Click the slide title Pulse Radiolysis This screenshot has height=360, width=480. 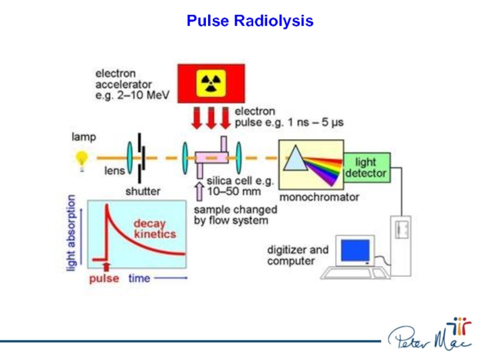point(250,22)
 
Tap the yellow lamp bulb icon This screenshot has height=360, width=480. point(82,158)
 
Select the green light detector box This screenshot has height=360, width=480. point(366,168)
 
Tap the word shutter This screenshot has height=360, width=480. point(143,192)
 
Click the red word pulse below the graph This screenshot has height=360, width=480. point(104,278)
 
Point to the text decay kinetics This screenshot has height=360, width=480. point(154,228)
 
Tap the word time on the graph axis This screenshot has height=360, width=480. point(139,278)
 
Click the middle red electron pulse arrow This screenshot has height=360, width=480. point(211,117)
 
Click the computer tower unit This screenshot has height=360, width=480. point(401,240)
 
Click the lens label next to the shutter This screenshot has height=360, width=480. point(115,170)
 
